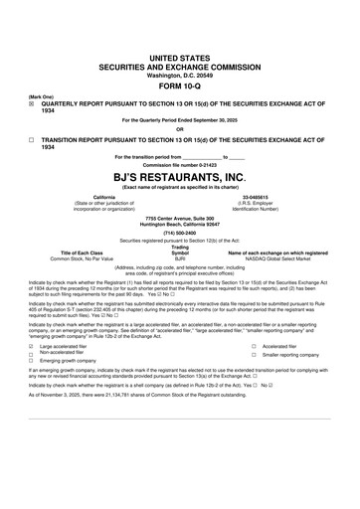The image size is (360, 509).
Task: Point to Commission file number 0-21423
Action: (x=179, y=164)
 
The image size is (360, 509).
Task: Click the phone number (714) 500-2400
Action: (x=179, y=233)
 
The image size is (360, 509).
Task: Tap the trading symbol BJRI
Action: (x=180, y=257)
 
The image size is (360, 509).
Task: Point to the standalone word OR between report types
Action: (x=180, y=128)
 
